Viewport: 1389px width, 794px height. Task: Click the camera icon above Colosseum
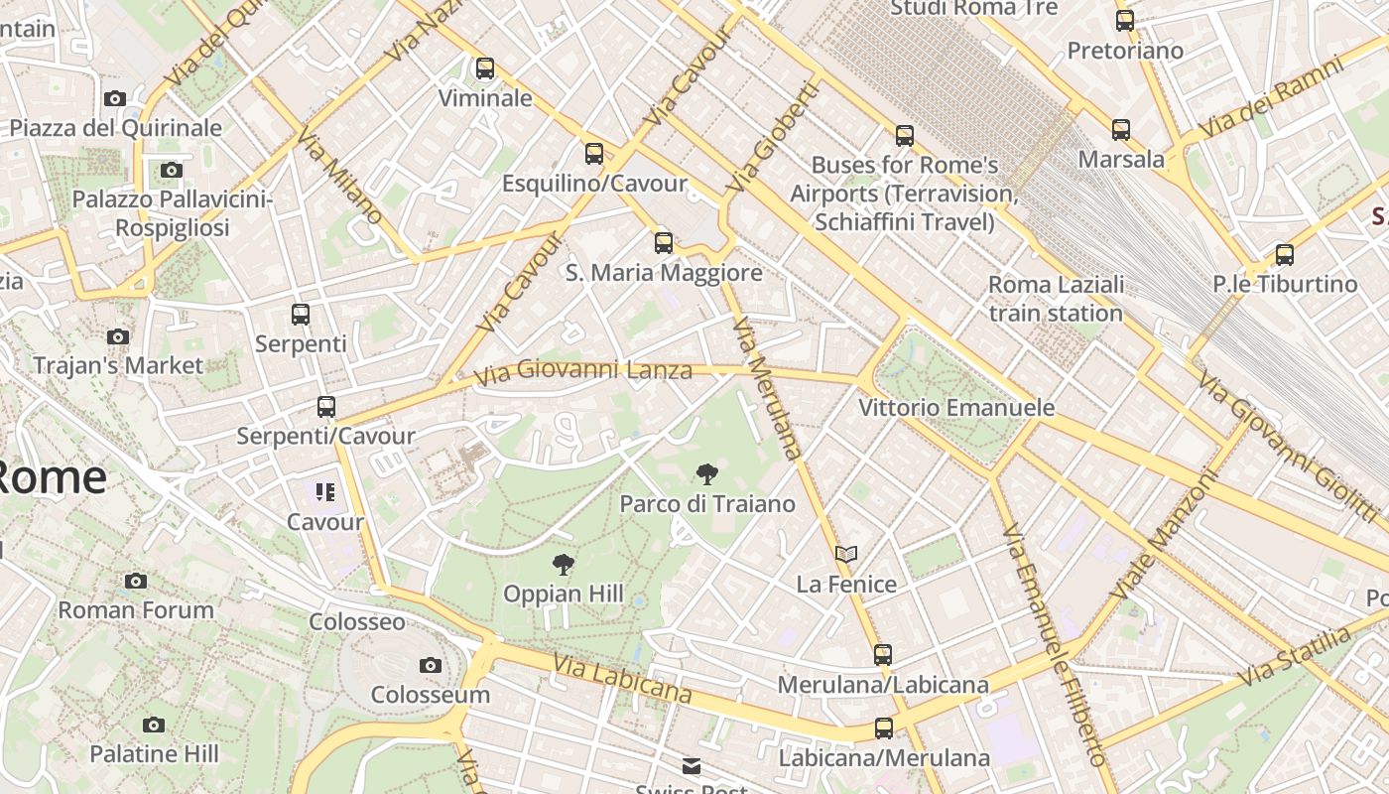click(x=430, y=665)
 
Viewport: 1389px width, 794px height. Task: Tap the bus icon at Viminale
click(x=485, y=68)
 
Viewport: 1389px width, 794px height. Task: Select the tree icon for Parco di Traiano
click(x=706, y=474)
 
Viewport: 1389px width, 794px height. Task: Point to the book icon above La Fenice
click(x=845, y=554)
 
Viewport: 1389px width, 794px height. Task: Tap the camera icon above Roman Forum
click(x=136, y=581)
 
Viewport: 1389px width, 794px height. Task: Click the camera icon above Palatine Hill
click(x=154, y=725)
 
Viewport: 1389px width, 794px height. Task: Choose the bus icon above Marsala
click(x=1121, y=129)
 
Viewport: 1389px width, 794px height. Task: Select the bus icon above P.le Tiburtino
click(x=1285, y=254)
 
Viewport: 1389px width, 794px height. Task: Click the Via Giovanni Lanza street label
click(x=582, y=372)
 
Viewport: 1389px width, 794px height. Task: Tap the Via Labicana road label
click(x=622, y=679)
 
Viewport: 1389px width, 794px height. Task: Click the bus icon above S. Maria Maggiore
click(x=664, y=242)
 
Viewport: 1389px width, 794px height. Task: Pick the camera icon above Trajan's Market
click(x=118, y=336)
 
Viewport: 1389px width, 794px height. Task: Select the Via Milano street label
click(x=339, y=178)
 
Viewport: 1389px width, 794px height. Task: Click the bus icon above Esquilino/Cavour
click(x=594, y=153)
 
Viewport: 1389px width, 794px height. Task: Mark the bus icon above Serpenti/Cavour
click(x=326, y=406)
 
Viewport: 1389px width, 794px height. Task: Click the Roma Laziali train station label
click(x=1056, y=299)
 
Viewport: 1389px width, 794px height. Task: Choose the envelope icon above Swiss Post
click(x=692, y=765)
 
